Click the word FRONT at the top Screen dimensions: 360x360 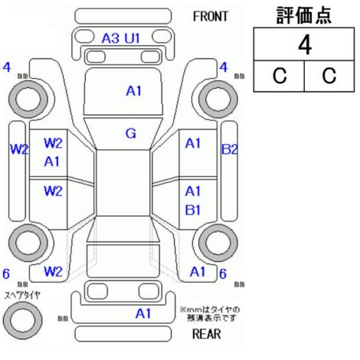[x=210, y=17]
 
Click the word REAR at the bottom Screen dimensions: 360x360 [x=206, y=334]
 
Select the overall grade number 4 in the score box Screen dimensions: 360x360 [x=305, y=45]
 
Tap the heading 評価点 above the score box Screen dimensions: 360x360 [x=304, y=15]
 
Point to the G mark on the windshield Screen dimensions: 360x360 [x=131, y=133]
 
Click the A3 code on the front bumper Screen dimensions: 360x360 [x=110, y=38]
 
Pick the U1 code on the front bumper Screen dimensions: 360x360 [x=132, y=38]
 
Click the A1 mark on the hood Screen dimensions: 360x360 [x=133, y=91]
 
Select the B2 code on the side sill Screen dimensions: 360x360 [x=229, y=149]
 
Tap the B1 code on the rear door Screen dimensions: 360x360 [x=193, y=210]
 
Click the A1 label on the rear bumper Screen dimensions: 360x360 [x=143, y=313]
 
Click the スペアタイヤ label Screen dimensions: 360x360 [x=22, y=296]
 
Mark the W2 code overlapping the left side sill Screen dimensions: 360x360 [x=19, y=149]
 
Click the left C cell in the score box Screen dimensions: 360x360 [x=279, y=76]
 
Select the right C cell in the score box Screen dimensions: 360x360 [x=329, y=76]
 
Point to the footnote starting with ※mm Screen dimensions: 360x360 [x=210, y=314]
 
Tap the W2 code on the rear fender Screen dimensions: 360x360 [x=53, y=272]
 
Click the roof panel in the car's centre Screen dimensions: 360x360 [x=123, y=183]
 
